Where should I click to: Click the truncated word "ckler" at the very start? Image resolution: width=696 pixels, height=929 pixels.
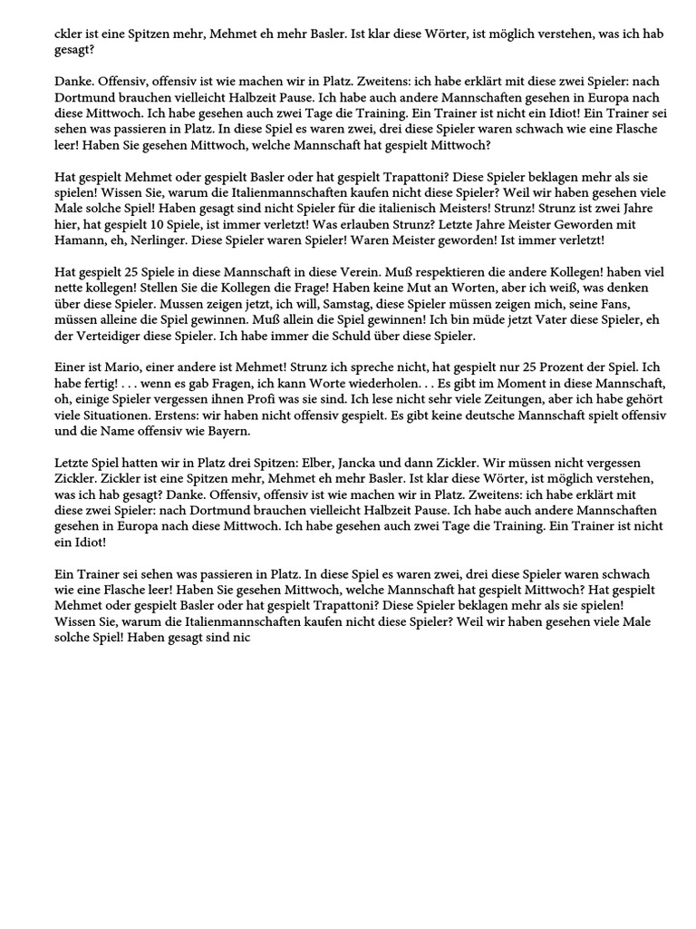[x=66, y=34]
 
